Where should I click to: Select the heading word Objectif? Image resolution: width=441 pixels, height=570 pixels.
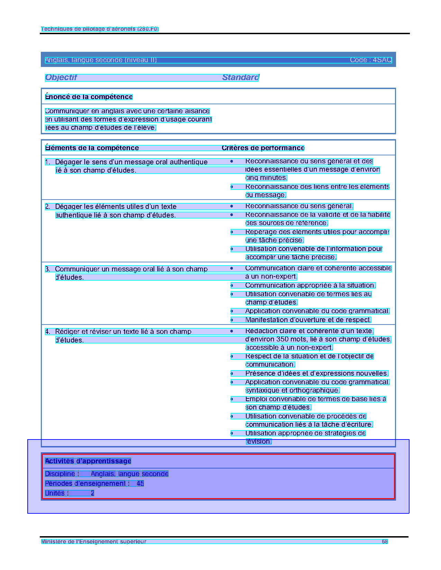pyautogui.click(x=61, y=77)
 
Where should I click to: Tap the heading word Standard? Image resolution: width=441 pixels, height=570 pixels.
pyautogui.click(x=240, y=77)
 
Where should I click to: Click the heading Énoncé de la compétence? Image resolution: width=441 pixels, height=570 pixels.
pyautogui.click(x=89, y=97)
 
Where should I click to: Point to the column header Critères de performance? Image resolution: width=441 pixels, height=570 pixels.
pyautogui.click(x=263, y=148)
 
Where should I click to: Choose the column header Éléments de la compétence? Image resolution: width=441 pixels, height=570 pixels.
pyautogui.click(x=92, y=148)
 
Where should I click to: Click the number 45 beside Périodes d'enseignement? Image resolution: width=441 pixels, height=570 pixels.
pyautogui.click(x=140, y=484)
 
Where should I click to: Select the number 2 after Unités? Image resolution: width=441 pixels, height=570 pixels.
pyautogui.click(x=92, y=493)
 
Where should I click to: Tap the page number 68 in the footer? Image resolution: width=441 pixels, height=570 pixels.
pyautogui.click(x=385, y=542)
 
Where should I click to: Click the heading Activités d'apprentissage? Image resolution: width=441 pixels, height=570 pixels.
pyautogui.click(x=88, y=461)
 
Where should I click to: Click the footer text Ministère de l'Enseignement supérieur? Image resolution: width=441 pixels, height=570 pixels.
pyautogui.click(x=94, y=542)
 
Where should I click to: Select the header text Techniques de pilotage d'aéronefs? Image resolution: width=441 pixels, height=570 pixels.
pyautogui.click(x=100, y=29)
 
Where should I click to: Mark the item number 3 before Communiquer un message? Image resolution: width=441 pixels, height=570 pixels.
pyautogui.click(x=47, y=269)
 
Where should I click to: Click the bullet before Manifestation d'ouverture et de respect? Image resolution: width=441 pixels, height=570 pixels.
pyautogui.click(x=232, y=320)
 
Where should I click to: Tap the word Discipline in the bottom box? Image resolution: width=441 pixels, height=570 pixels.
pyautogui.click(x=60, y=474)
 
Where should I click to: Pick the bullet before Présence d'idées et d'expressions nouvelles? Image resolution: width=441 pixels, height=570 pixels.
pyautogui.click(x=232, y=374)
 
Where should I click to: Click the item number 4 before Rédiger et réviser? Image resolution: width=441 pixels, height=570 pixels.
pyautogui.click(x=47, y=332)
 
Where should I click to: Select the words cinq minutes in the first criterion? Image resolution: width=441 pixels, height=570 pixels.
pyautogui.click(x=266, y=178)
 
